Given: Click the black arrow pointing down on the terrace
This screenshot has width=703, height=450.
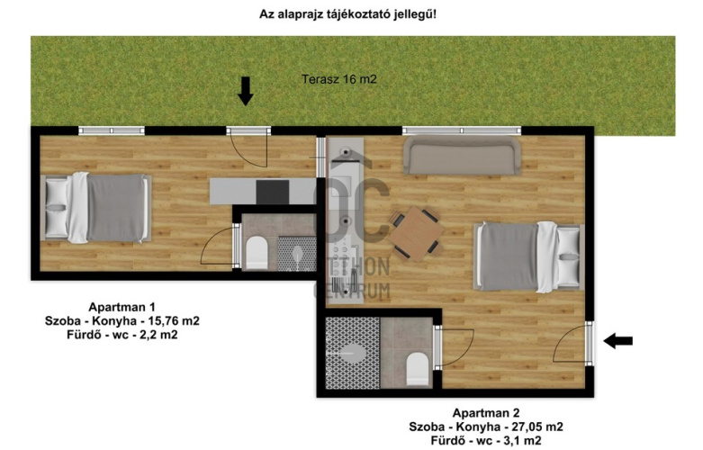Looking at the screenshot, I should click(x=245, y=90).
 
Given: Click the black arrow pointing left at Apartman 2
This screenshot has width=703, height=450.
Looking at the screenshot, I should click(x=617, y=340).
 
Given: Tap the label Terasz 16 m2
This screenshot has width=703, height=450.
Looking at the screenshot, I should click(x=338, y=79).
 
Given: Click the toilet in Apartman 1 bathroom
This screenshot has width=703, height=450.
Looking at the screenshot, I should click(x=256, y=253).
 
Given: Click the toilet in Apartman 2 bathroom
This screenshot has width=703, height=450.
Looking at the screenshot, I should click(x=417, y=366).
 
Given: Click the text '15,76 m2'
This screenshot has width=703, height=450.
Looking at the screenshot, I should click(x=168, y=320).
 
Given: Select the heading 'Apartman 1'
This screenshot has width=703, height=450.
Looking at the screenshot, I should click(x=119, y=306).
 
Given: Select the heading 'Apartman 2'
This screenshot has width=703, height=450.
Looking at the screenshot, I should click(x=486, y=412).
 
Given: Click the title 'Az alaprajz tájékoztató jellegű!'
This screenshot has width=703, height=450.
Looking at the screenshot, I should click(x=352, y=13).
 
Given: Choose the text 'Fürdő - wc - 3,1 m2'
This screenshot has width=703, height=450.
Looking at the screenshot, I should click(x=486, y=441).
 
